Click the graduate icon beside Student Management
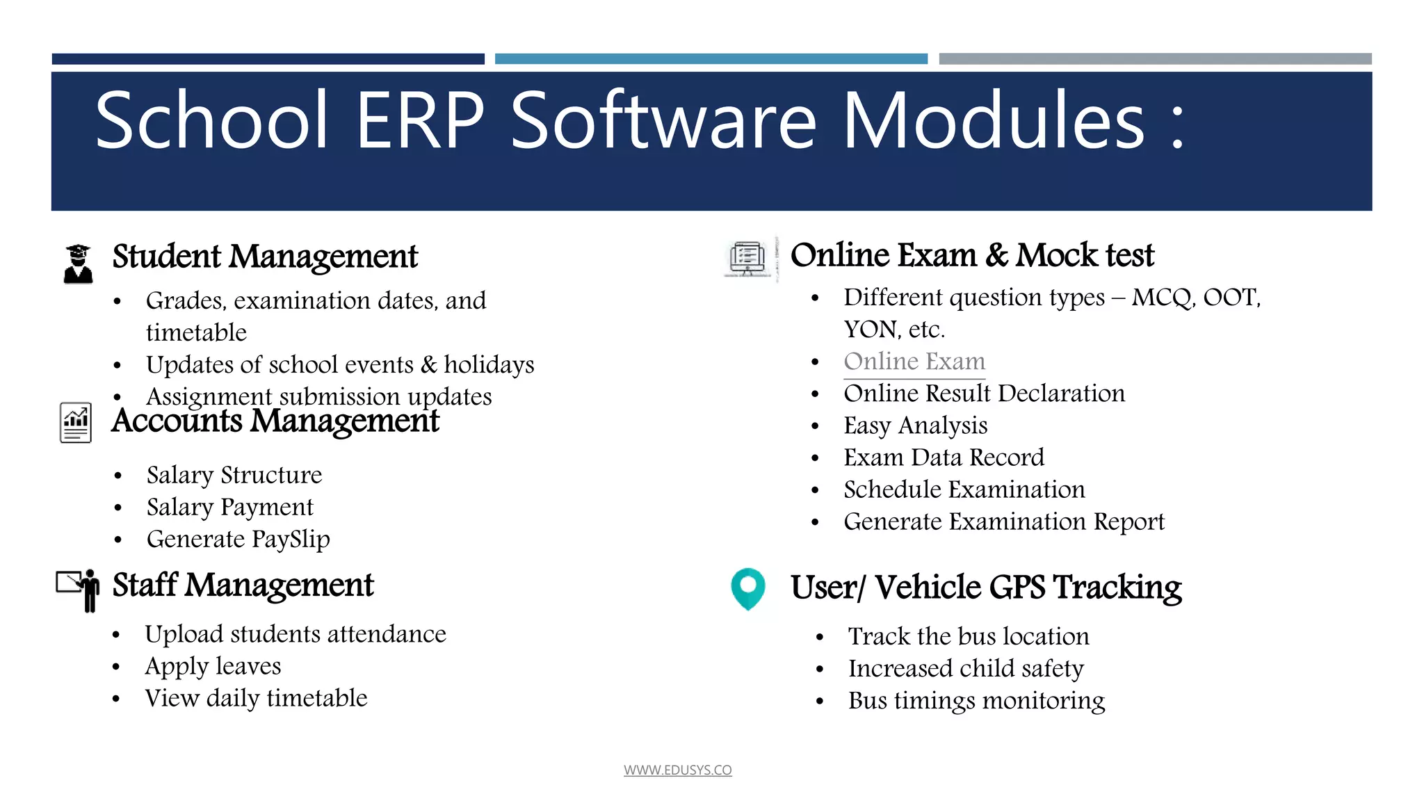tap(78, 264)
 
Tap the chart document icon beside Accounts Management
tap(76, 422)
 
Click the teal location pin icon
tap(747, 588)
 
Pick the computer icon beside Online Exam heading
tap(747, 259)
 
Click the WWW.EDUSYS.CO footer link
tap(677, 770)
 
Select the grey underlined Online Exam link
tap(914, 362)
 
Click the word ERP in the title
tap(420, 121)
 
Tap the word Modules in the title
tap(994, 121)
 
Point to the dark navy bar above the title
tap(268, 59)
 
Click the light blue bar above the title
tap(711, 59)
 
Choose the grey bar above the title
tap(1155, 59)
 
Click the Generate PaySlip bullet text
tap(238, 540)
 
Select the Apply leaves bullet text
tap(213, 666)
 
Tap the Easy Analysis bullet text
tap(915, 426)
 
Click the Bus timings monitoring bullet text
tap(976, 701)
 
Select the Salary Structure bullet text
tap(234, 476)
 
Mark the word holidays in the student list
tap(489, 365)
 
